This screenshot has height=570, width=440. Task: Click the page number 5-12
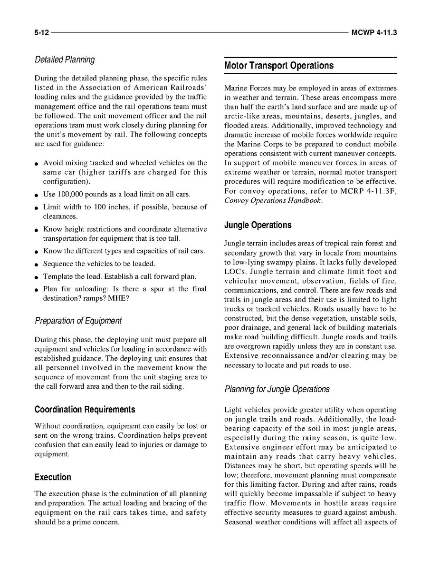pyautogui.click(x=41, y=33)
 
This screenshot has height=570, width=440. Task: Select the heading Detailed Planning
pyautogui.click(x=65, y=60)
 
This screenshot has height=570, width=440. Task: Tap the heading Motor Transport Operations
pyautogui.click(x=279, y=66)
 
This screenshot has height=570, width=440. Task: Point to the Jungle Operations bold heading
pyautogui.click(x=258, y=225)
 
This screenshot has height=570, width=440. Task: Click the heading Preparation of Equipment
pyautogui.click(x=78, y=321)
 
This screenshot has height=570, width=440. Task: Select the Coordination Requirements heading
pyautogui.click(x=85, y=410)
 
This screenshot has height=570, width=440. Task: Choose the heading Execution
pyautogui.click(x=53, y=477)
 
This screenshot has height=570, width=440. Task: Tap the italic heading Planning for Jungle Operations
pyautogui.click(x=277, y=389)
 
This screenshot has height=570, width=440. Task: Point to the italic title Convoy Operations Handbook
pyautogui.click(x=273, y=200)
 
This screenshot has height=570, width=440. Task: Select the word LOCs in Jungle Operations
pyautogui.click(x=235, y=272)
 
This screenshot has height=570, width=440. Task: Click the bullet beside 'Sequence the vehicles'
pyautogui.click(x=37, y=264)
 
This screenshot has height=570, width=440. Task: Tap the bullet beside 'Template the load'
pyautogui.click(x=37, y=277)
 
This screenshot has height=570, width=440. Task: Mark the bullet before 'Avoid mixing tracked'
pyautogui.click(x=37, y=163)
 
